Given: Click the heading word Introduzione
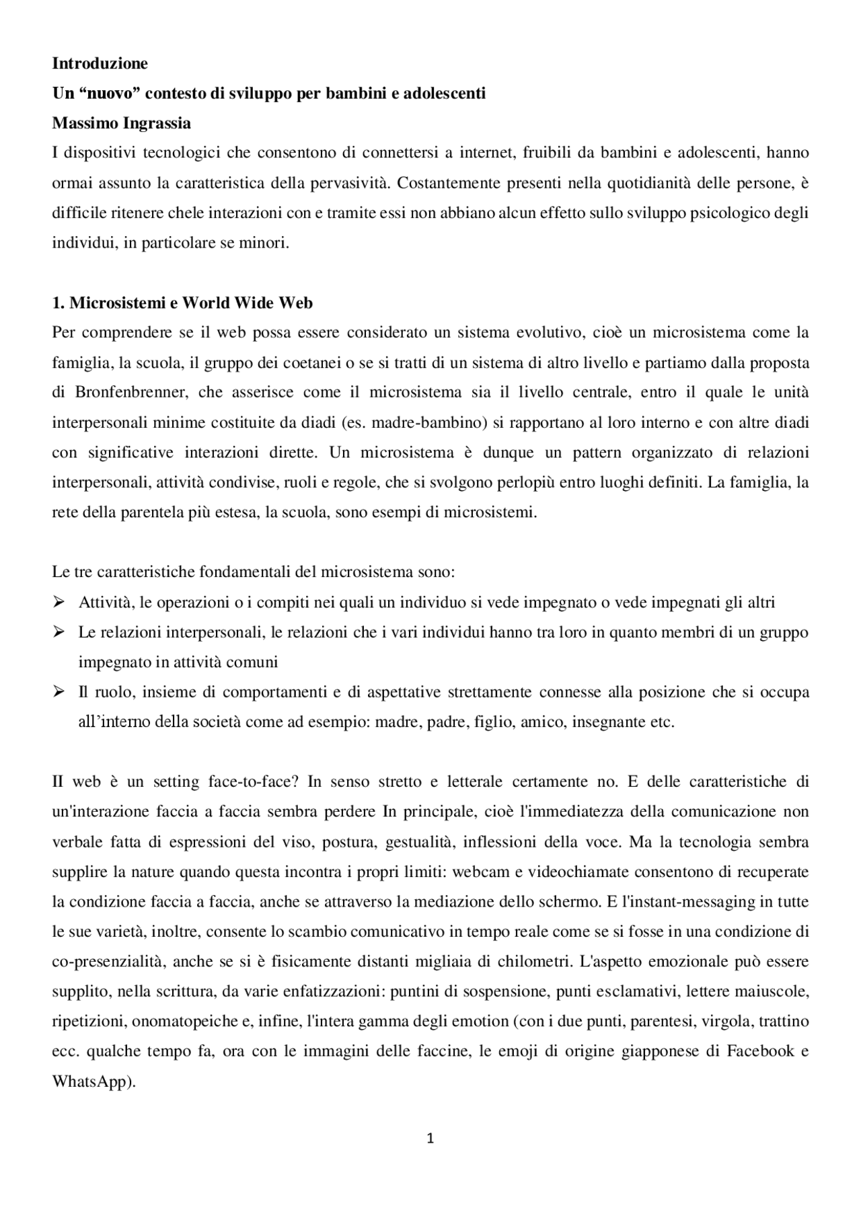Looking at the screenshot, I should pyautogui.click(x=100, y=64).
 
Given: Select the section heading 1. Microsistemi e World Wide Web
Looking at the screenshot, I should pyautogui.click(x=182, y=303).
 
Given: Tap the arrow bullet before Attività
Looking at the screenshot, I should pyautogui.click(x=59, y=602).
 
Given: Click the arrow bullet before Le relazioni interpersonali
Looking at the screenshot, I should pyautogui.click(x=59, y=632).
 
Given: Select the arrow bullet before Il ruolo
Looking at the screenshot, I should pyautogui.click(x=59, y=692).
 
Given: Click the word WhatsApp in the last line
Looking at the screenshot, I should pyautogui.click(x=90, y=1082).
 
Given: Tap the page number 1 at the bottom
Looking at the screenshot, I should pyautogui.click(x=430, y=1139).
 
